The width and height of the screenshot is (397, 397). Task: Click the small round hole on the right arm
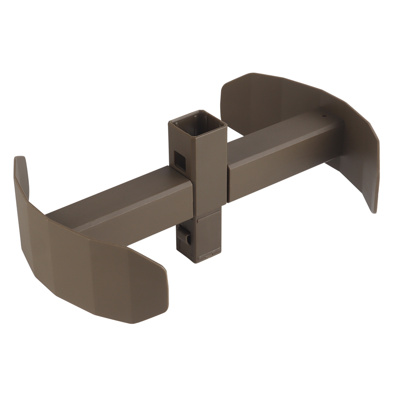(324, 116)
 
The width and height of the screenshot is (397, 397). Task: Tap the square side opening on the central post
(179, 160)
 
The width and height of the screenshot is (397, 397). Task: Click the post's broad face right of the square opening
(210, 171)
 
